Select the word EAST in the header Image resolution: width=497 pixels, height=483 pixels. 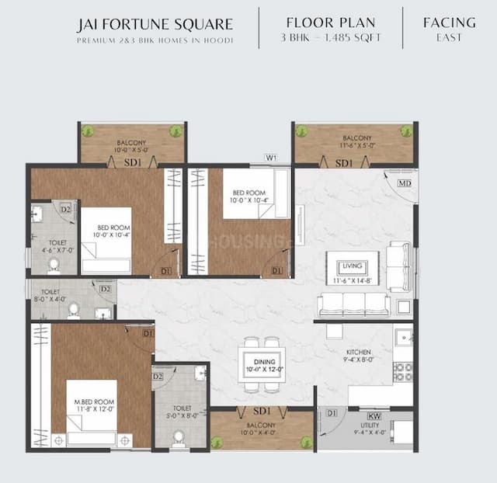click(449, 38)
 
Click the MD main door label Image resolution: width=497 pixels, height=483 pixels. click(404, 183)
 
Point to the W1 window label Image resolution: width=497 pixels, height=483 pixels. click(271, 158)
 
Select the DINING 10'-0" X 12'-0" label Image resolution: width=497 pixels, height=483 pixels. click(262, 365)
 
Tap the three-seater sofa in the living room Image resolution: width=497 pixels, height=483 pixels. click(353, 305)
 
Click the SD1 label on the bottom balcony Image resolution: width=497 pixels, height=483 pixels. click(262, 411)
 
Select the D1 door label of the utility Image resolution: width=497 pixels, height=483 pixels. click(332, 412)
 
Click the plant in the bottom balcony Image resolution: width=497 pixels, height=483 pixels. click(307, 442)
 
